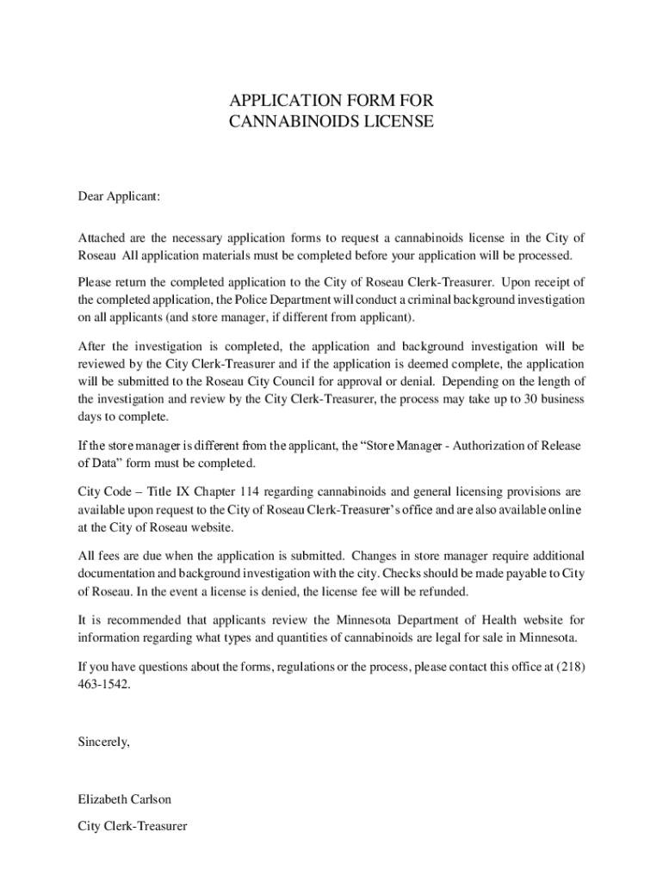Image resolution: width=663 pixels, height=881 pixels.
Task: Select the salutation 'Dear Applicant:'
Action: pos(119,196)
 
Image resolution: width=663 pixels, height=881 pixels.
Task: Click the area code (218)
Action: pos(571,667)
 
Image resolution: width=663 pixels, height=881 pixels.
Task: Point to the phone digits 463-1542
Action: pos(103,685)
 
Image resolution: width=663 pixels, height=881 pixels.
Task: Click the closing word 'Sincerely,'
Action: pos(103,742)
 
